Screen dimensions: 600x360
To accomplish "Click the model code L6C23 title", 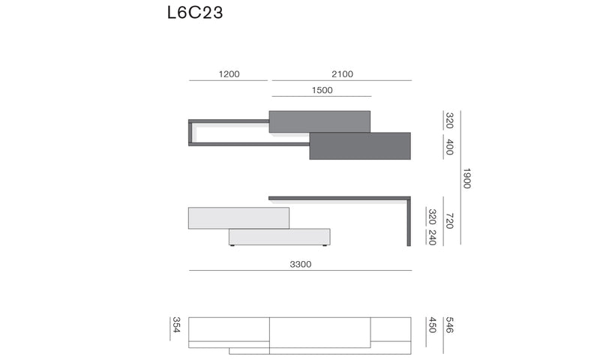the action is [195, 12].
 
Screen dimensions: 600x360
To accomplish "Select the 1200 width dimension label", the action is [229, 73].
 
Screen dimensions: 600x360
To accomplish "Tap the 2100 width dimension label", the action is [342, 73].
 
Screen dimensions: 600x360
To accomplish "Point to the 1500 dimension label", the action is [322, 90].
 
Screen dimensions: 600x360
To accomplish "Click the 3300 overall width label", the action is [301, 264].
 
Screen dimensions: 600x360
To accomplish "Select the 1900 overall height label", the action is [466, 178].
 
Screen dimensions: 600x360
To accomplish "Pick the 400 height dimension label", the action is [449, 147].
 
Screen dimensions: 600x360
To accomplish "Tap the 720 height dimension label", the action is [449, 221].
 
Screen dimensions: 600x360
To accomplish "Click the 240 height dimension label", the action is [433, 237].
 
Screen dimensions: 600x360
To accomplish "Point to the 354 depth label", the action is [176, 325].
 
